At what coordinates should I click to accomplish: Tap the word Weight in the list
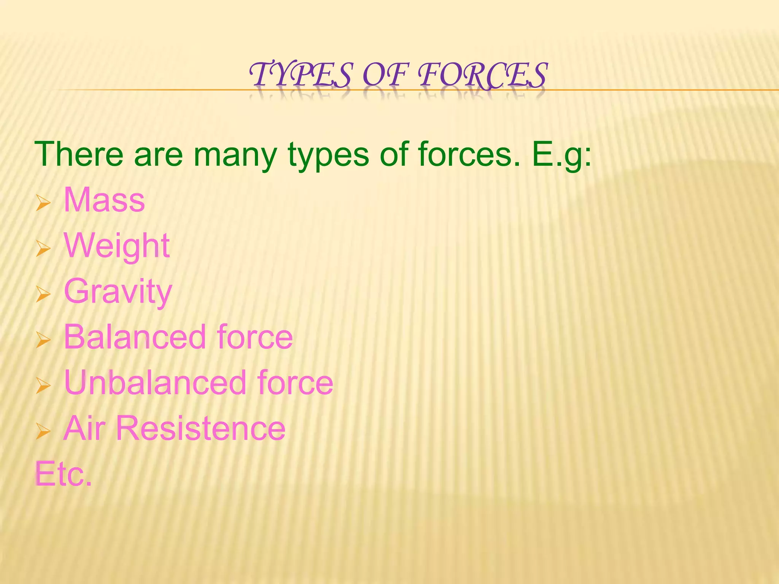tap(116, 246)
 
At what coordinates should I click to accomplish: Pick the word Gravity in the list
tap(118, 292)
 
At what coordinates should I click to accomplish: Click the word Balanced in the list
tap(135, 337)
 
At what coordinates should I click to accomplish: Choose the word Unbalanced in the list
tap(155, 382)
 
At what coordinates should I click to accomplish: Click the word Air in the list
tap(84, 428)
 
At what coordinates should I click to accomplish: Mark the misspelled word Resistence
tap(201, 428)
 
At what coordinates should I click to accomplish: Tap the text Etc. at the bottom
tap(64, 474)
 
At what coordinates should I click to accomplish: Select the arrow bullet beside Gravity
tap(43, 295)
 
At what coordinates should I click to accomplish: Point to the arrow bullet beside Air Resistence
tap(43, 432)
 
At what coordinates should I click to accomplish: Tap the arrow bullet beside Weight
tap(43, 249)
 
